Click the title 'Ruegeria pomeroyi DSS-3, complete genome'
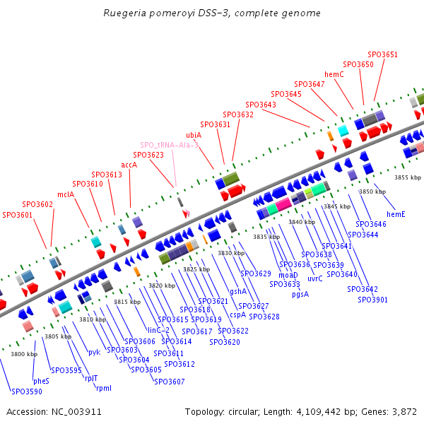(x=212, y=13)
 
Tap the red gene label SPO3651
(x=382, y=54)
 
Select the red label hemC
(x=334, y=74)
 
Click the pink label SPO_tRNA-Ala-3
(x=169, y=145)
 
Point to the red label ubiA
(x=194, y=135)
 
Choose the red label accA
(x=129, y=165)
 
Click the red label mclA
(x=66, y=194)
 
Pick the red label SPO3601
(x=18, y=215)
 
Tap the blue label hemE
(x=396, y=214)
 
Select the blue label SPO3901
(x=372, y=300)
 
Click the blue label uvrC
(x=315, y=278)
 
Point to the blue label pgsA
(x=300, y=294)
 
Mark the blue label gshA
(x=239, y=291)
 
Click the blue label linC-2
(x=158, y=330)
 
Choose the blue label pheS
(x=42, y=380)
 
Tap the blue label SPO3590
(x=26, y=391)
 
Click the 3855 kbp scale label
(x=408, y=177)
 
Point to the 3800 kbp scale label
(x=24, y=354)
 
